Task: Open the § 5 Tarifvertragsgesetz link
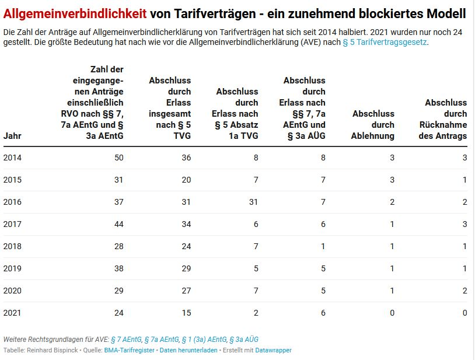(x=385, y=43)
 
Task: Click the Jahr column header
(x=12, y=135)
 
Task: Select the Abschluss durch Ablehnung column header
(x=373, y=124)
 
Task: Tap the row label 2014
(x=12, y=158)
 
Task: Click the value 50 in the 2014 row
(x=118, y=158)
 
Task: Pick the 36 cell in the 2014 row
(x=186, y=158)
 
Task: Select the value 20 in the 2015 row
(x=186, y=180)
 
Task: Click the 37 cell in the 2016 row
(x=118, y=202)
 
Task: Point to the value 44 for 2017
(x=118, y=224)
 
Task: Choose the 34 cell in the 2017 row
(x=186, y=224)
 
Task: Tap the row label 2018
(x=12, y=246)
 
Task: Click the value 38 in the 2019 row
(x=118, y=268)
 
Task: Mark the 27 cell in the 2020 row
(x=186, y=291)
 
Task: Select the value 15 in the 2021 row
(x=186, y=313)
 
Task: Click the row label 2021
(x=12, y=313)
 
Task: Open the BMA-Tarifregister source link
(x=129, y=350)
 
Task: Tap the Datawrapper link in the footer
(x=273, y=350)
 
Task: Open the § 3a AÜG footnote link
(x=243, y=339)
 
